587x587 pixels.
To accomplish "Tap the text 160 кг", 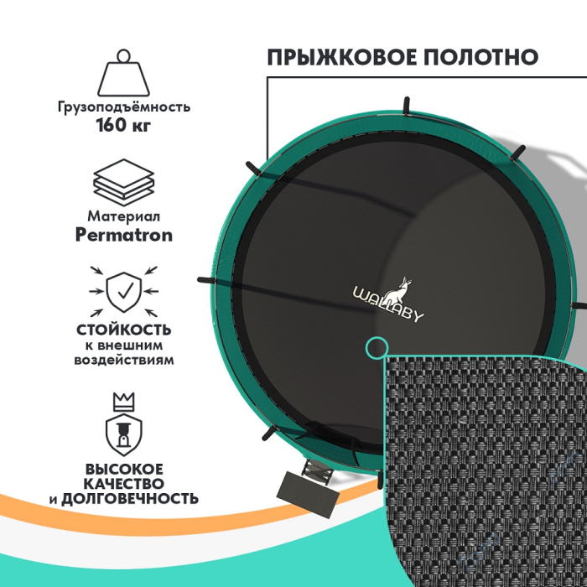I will (x=125, y=127).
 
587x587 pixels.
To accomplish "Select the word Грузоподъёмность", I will (x=125, y=107).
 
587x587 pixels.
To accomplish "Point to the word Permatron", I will (x=124, y=235).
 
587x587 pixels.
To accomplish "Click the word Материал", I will (x=124, y=216).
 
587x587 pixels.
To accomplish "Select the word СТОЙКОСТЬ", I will (x=124, y=330).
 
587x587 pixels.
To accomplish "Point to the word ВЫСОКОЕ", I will (x=123, y=469).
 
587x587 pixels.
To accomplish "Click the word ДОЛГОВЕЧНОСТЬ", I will (x=142, y=499).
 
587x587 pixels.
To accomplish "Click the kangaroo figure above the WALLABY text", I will (x=388, y=287).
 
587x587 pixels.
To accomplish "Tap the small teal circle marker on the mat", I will (x=377, y=346).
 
